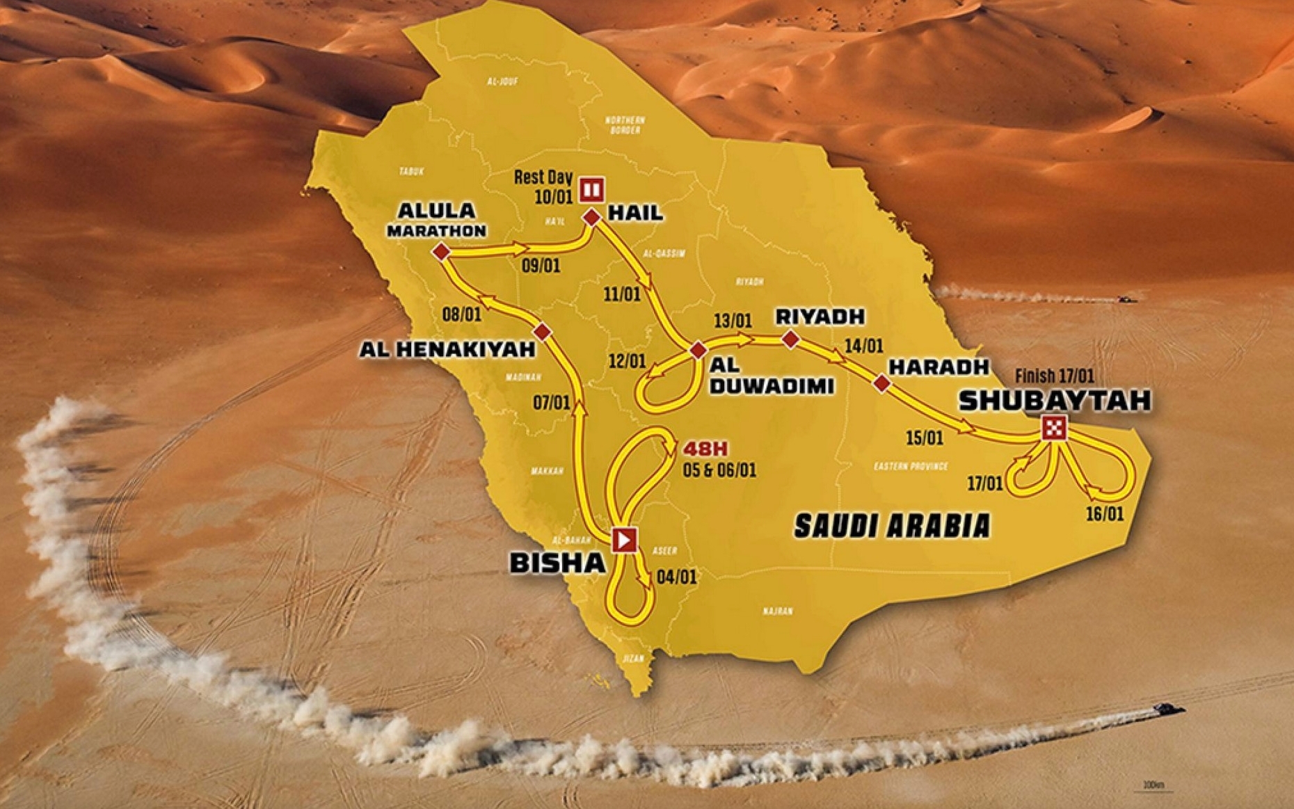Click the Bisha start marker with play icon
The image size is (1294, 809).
tap(624, 539)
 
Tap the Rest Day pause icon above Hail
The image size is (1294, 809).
tap(592, 189)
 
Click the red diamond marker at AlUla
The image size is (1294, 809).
tap(440, 252)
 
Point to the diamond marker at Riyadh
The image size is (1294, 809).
tap(790, 339)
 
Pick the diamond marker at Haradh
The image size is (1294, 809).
tap(882, 383)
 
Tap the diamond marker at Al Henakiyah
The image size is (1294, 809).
tap(542, 331)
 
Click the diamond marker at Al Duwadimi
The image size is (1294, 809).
tap(698, 351)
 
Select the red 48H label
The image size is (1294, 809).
tap(705, 449)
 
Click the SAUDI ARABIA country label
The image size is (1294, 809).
tap(892, 526)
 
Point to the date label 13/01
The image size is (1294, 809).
tap(733, 321)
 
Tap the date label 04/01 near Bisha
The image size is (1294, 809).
tap(676, 577)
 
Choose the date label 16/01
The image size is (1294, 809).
tap(1104, 514)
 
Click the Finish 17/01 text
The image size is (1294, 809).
tap(1054, 376)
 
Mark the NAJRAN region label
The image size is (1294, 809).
tap(777, 611)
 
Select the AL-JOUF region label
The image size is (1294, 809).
tap(502, 81)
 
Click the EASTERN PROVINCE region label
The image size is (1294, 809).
tap(911, 466)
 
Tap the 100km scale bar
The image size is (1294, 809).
tap(1153, 787)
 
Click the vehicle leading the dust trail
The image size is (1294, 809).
tap(1168, 709)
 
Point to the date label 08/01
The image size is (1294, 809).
tap(462, 314)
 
